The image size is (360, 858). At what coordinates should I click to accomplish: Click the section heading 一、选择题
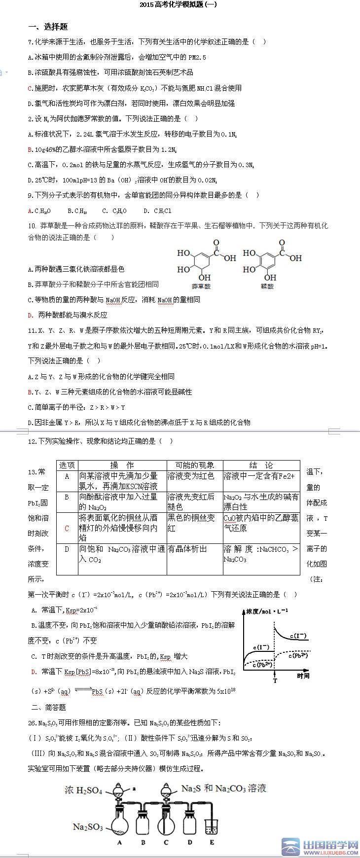pos(48,27)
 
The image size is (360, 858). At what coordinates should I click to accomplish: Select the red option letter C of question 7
pos(30,88)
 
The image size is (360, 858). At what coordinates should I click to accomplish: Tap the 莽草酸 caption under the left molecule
pos(201,286)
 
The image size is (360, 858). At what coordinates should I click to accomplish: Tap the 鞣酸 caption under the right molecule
pos(267,286)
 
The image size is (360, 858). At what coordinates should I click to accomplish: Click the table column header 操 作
pos(122,465)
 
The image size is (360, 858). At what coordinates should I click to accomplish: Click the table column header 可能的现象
pos(194,465)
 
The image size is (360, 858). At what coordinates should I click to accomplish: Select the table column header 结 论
pos(261,465)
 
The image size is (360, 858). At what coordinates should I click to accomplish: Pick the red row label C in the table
pos(67,528)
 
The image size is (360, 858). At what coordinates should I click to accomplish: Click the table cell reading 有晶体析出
pos(187,549)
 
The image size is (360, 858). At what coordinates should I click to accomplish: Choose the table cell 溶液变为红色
pos(191,476)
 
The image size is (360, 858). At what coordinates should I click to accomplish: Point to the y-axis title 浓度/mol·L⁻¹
pos(267,611)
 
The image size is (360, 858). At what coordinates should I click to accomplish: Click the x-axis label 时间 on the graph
pos(303,676)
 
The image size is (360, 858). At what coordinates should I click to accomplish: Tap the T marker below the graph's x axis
pos(275,680)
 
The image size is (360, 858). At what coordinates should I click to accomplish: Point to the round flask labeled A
pos(120,824)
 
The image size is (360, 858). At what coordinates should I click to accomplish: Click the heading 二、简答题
pos(48,707)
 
